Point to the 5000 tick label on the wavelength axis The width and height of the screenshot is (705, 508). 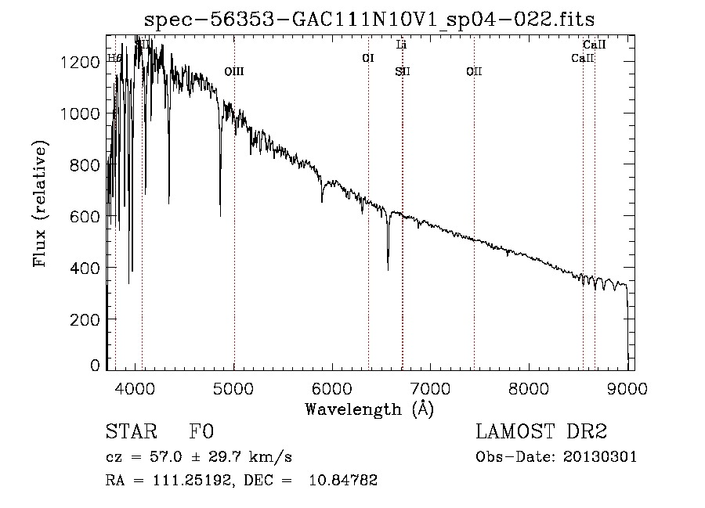pyautogui.click(x=234, y=386)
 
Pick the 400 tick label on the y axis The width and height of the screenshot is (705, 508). pyautogui.click(x=86, y=268)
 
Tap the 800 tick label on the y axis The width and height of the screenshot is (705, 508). pyautogui.click(x=86, y=165)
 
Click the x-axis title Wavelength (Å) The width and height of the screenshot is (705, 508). pyautogui.click(x=369, y=409)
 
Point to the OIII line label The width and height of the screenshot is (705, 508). pyautogui.click(x=234, y=72)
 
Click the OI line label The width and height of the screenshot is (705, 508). pyautogui.click(x=368, y=58)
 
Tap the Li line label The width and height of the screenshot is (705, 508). pyautogui.click(x=402, y=45)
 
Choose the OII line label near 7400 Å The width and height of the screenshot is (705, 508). pyautogui.click(x=474, y=72)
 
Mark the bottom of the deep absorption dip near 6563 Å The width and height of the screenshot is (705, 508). pyautogui.click(x=388, y=269)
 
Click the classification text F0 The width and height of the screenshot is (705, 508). pyautogui.click(x=201, y=433)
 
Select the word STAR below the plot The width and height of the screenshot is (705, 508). pyautogui.click(x=129, y=433)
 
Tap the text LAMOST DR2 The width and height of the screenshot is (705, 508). pyautogui.click(x=541, y=432)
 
